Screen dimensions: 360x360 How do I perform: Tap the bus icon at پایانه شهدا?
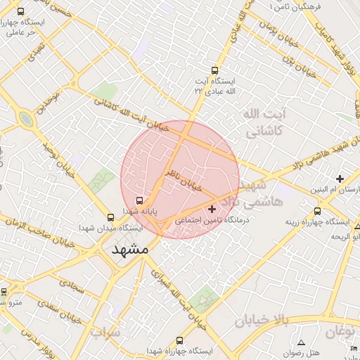[x=139, y=200]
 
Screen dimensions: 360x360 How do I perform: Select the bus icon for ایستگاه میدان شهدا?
[x=110, y=217]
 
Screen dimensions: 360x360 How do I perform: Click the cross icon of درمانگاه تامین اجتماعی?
[x=212, y=209]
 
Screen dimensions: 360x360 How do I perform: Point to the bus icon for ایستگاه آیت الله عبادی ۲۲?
[x=215, y=70]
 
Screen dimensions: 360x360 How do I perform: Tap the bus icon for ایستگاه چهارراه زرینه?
[x=318, y=210]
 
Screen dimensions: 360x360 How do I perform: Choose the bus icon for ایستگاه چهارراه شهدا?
[x=180, y=340]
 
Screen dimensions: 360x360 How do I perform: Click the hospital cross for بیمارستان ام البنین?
[x=340, y=179]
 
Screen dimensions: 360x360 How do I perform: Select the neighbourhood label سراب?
[x=106, y=331]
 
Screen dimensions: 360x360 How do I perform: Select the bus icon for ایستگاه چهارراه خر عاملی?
[x=21, y=12]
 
